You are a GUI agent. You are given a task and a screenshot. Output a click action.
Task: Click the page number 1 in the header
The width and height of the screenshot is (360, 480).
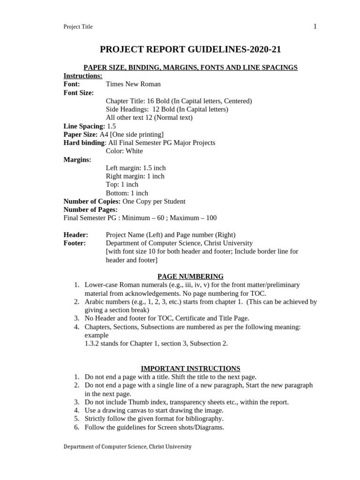[315, 26]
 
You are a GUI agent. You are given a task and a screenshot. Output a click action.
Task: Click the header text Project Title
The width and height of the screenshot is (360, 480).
[78, 27]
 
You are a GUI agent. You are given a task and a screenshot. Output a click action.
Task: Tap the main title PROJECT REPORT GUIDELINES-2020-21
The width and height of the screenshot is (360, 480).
[190, 50]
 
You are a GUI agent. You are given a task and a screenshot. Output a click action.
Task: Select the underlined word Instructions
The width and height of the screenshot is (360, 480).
[82, 76]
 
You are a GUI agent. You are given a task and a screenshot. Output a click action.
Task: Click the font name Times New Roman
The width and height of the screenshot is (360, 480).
[133, 84]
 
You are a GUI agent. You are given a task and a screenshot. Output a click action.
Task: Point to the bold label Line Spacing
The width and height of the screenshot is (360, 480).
[84, 126]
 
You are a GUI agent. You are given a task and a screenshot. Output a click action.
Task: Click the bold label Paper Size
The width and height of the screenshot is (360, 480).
[80, 135]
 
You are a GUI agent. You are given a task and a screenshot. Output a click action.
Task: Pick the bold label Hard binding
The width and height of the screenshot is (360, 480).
[84, 143]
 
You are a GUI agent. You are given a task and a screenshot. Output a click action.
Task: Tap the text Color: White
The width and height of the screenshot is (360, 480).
[124, 151]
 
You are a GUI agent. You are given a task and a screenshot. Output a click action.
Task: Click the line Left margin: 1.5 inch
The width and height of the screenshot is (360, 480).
[135, 168]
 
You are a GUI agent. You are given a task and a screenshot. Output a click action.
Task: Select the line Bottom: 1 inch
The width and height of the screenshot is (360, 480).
[127, 193]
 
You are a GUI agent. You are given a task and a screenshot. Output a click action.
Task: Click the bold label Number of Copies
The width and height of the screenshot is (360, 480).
[92, 202]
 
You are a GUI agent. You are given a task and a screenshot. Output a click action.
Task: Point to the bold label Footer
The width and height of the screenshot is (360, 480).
[75, 243]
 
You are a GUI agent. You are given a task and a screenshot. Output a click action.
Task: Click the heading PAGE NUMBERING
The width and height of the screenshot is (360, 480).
[190, 277]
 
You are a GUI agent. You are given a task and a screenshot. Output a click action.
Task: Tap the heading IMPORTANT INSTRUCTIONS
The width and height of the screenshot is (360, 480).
[190, 368]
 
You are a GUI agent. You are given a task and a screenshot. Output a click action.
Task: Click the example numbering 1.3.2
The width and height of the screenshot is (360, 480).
[93, 344]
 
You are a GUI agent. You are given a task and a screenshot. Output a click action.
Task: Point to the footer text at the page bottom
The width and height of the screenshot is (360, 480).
[127, 447]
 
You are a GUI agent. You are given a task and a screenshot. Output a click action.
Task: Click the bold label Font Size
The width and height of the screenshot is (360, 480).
[79, 93]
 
